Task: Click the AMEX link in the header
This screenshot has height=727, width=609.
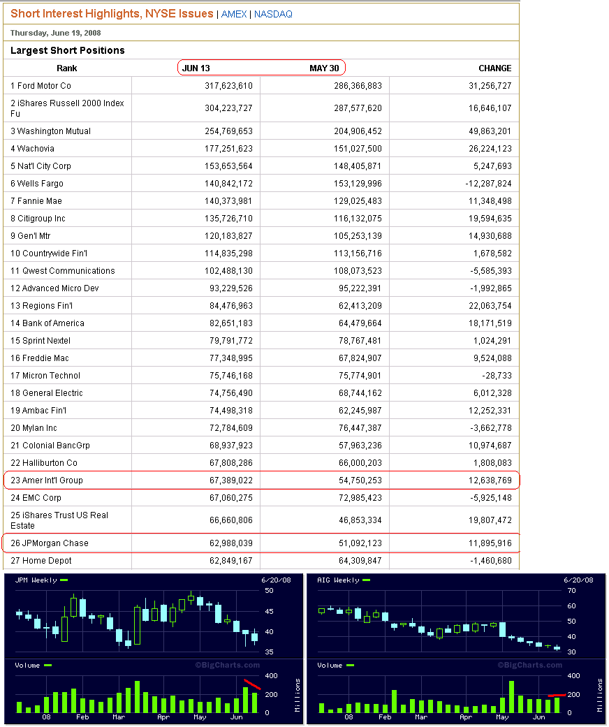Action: (234, 14)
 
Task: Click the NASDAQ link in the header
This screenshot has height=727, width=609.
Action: (273, 14)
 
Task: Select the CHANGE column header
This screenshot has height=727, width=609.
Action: (494, 68)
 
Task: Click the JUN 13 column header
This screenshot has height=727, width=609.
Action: (196, 68)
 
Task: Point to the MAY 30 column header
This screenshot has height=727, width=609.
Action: (323, 68)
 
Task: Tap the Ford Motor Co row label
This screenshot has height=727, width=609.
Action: (41, 86)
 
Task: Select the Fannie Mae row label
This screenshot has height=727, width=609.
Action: (36, 201)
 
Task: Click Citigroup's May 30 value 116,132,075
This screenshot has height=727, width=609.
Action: (353, 219)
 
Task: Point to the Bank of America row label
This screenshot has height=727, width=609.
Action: (47, 323)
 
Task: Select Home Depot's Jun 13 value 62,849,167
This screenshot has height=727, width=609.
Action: (224, 561)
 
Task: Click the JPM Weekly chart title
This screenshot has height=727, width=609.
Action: (36, 580)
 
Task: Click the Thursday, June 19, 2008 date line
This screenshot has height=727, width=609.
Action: (55, 33)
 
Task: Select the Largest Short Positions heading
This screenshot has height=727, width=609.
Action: (68, 50)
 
